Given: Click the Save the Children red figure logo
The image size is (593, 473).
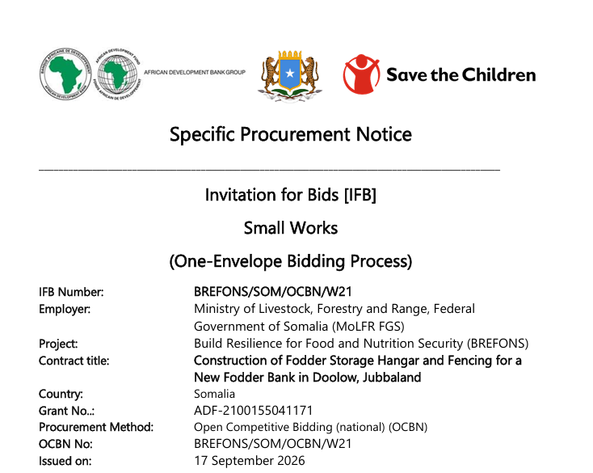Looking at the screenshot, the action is click(x=361, y=74).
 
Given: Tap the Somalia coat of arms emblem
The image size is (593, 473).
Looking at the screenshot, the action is click(x=290, y=76).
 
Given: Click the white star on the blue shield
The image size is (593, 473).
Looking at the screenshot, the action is click(x=290, y=73).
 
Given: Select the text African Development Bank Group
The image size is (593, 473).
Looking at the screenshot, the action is click(x=195, y=72).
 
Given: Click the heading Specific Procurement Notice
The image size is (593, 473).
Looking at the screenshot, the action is click(x=291, y=134).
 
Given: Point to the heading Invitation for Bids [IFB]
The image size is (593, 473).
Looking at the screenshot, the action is click(x=291, y=195).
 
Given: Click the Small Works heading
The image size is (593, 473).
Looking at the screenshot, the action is click(x=291, y=228).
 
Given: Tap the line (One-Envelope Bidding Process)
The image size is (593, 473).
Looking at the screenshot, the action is click(x=291, y=261).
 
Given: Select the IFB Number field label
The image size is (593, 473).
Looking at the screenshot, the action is click(x=71, y=292).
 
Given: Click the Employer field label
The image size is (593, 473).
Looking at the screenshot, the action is click(x=65, y=310).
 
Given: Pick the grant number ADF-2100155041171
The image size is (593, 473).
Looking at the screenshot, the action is click(x=254, y=411).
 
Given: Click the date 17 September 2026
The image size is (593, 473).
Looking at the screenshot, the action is click(x=250, y=461).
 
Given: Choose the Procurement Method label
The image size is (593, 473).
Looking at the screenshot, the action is click(x=96, y=427).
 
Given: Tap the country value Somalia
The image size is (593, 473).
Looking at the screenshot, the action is click(x=214, y=394).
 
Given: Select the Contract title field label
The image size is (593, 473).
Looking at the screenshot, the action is click(x=74, y=361).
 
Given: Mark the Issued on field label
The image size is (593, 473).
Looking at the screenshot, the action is click(x=65, y=461).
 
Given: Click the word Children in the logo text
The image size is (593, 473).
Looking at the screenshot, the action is click(x=498, y=74).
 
